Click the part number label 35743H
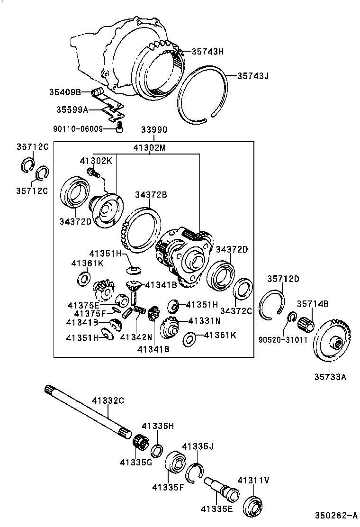(x=207, y=52)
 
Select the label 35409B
(x=65, y=91)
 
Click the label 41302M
(x=149, y=148)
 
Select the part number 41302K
(x=96, y=161)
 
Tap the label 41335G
(x=135, y=463)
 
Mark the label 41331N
(x=205, y=321)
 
